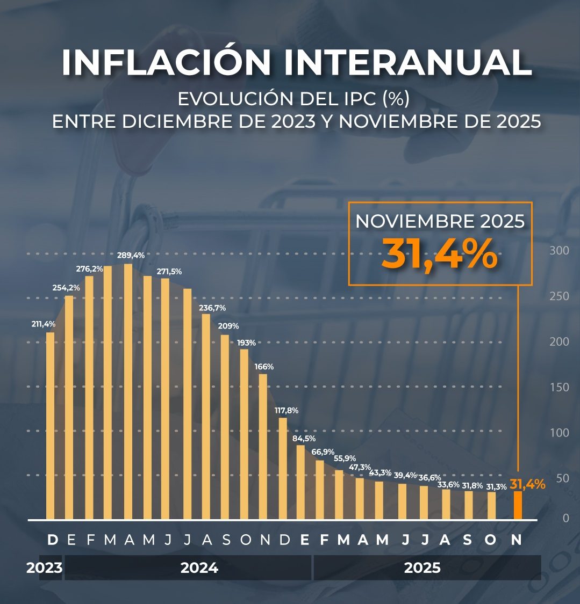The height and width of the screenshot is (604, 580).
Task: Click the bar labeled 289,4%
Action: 128,392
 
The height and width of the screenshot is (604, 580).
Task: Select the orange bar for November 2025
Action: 518,505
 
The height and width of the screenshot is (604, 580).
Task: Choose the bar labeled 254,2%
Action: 69,407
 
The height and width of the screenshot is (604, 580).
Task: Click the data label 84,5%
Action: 304,439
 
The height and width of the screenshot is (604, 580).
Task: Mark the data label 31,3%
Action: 496,486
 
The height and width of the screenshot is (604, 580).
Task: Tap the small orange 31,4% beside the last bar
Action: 528,484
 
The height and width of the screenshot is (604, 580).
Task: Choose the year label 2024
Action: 199,568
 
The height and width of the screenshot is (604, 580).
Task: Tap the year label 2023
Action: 44,568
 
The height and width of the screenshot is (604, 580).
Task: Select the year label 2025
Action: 422,568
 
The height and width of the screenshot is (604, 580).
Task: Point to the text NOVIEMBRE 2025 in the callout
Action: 440,221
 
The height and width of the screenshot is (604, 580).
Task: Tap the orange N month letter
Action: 516,540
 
